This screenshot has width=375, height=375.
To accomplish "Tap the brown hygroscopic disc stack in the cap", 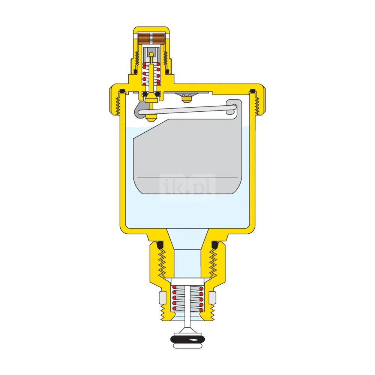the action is tap(151, 39).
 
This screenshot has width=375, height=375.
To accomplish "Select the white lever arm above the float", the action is tap(186, 110).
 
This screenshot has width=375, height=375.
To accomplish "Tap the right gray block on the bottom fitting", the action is tap(212, 297).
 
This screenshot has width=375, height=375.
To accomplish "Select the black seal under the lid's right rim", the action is tap(252, 91).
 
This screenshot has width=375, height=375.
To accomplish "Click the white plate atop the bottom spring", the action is tap(187, 282).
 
